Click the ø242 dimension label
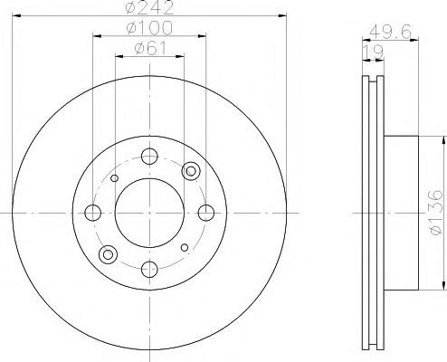[x=149, y=7]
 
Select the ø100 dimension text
[x=149, y=28]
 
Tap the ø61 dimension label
[x=150, y=48]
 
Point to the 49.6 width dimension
[x=390, y=32]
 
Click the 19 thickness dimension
[x=373, y=52]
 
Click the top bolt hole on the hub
[x=149, y=157]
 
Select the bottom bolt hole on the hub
[x=149, y=270]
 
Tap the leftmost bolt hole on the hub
[x=92, y=213]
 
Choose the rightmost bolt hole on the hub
[x=206, y=213]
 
